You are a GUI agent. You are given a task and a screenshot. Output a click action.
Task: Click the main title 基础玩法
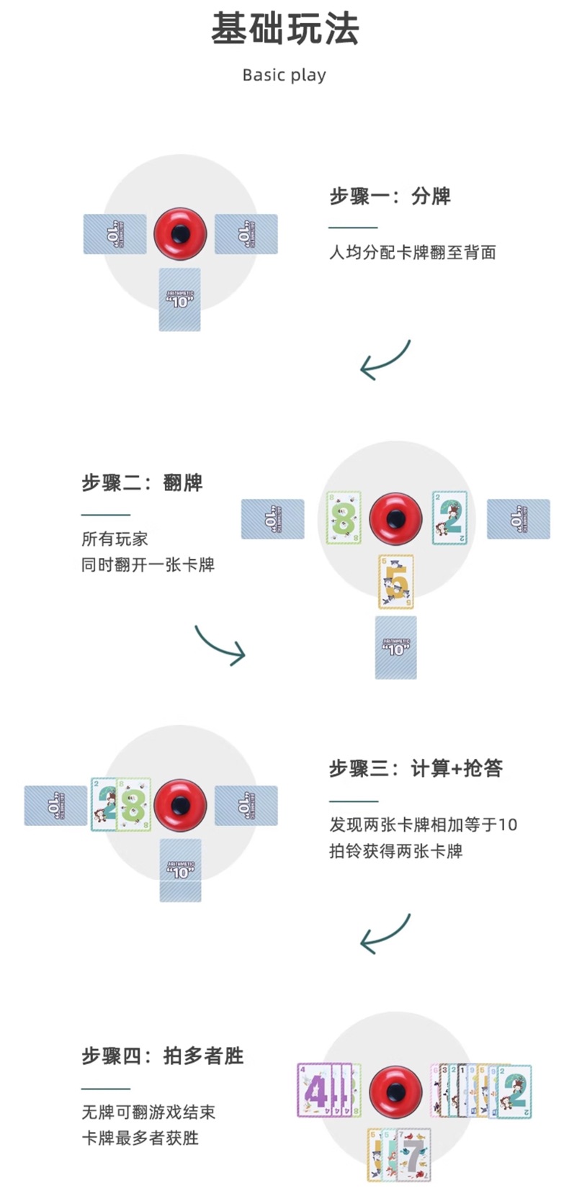tap(284, 30)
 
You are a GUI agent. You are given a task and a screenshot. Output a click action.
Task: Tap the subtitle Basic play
tap(284, 75)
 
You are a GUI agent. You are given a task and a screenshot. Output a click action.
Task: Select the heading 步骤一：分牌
tap(390, 196)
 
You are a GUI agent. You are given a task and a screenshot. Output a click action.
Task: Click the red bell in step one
tap(180, 233)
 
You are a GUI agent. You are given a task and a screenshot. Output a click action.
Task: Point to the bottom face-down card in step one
tap(179, 300)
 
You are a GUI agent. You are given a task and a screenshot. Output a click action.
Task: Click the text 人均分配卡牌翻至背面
tap(413, 252)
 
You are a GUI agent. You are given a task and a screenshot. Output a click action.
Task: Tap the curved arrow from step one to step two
tap(385, 360)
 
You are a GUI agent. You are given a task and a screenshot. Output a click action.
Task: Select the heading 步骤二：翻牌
tap(142, 482)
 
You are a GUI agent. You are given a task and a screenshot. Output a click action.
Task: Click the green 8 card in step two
tap(344, 518)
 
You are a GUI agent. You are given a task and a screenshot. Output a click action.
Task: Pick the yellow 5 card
tap(396, 582)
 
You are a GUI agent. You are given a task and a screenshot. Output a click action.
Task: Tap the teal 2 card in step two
tap(449, 518)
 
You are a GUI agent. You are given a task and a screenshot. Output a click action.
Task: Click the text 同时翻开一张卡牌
tap(148, 564)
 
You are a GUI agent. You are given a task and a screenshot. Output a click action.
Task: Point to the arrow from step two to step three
tap(220, 645)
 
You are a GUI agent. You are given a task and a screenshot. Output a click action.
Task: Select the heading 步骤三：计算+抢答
tap(416, 768)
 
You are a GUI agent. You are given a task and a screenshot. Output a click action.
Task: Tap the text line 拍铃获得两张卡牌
tap(395, 850)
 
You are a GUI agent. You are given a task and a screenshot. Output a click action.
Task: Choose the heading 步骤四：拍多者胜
tap(162, 1056)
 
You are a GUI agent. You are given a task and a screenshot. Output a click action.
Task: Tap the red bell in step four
tap(395, 1091)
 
